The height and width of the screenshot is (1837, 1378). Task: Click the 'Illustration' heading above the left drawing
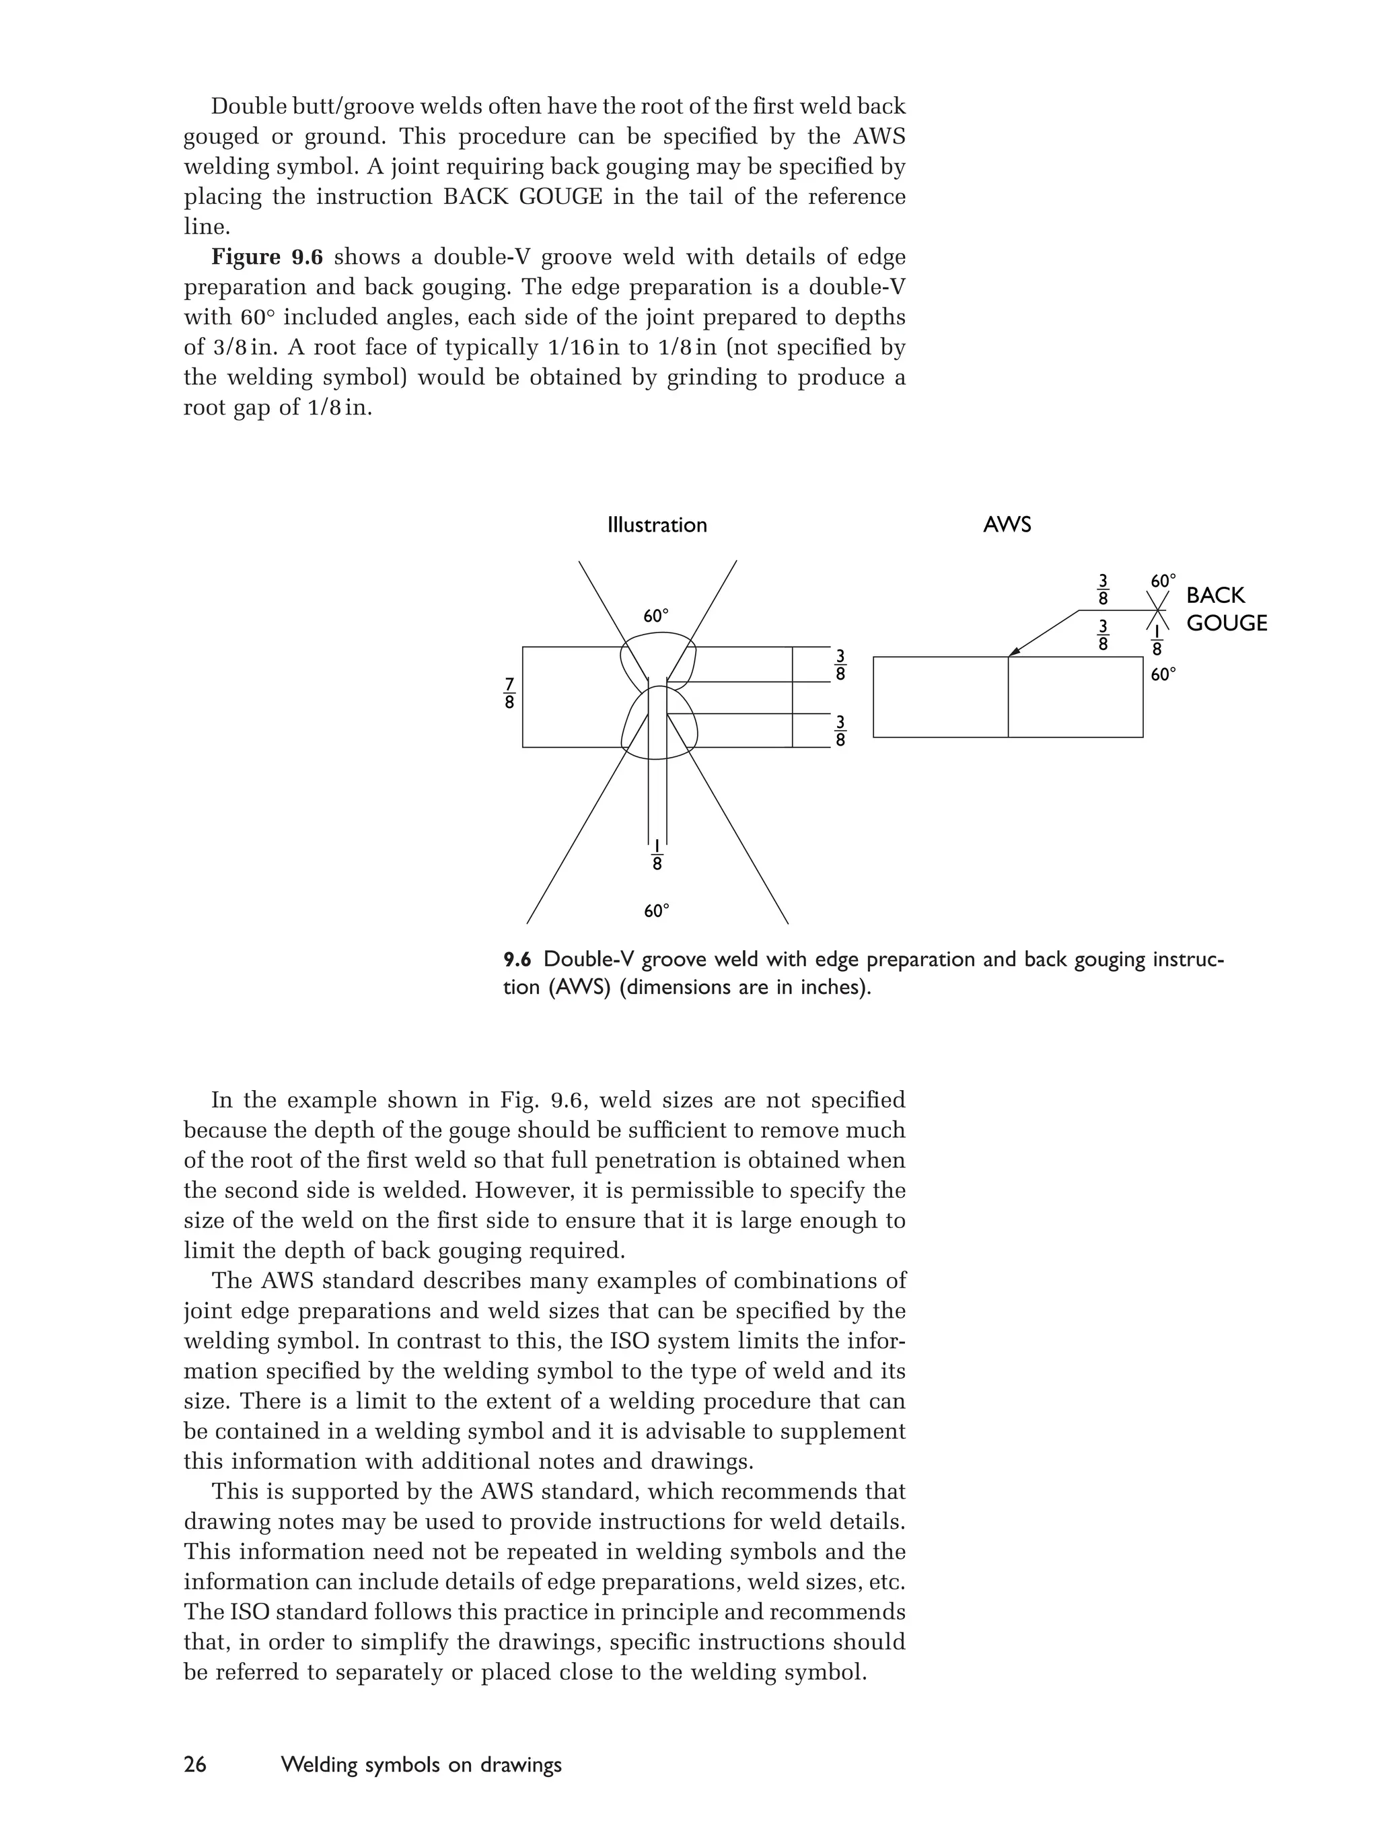tap(657, 525)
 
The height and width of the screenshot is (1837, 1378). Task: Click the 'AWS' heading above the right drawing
tap(1007, 525)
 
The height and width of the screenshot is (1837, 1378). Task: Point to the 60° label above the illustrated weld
tap(656, 616)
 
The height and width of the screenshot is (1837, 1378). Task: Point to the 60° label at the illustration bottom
tap(656, 911)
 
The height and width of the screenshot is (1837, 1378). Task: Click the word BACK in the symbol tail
tap(1215, 596)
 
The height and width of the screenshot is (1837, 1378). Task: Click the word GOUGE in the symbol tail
tap(1226, 623)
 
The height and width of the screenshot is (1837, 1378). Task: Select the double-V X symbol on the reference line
tap(1158, 611)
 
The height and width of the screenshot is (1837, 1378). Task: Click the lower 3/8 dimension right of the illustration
tap(840, 731)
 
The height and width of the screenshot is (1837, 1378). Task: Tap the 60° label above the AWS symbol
tap(1163, 581)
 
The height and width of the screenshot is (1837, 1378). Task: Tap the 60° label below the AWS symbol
tap(1163, 674)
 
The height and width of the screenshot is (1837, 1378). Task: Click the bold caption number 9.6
tap(517, 960)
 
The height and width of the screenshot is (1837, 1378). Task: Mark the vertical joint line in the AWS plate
tap(1009, 698)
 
